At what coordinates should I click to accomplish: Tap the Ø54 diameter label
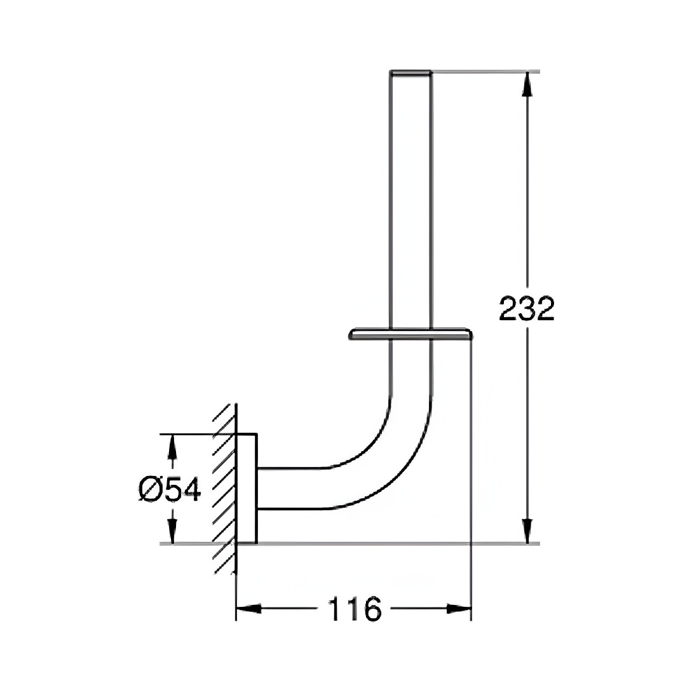(x=170, y=489)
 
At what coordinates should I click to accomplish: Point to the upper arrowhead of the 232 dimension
(x=526, y=84)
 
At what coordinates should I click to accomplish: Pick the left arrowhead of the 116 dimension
(x=249, y=609)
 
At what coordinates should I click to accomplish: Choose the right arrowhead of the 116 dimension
(x=459, y=609)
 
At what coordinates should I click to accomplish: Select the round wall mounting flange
(x=247, y=489)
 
